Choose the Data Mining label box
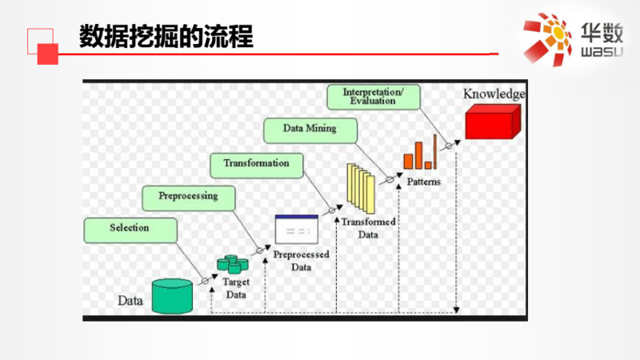309,128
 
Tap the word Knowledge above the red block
494,94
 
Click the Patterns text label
423,182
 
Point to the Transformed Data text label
367,228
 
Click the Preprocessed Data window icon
296,230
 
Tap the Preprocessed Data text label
300,261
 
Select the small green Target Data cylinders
233,263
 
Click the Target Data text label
235,288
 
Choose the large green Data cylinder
172,295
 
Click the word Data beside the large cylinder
130,302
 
